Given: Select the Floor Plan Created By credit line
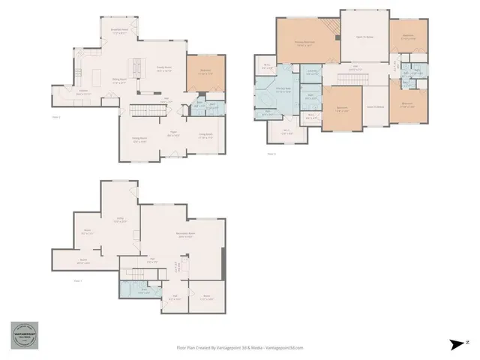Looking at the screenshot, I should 240,347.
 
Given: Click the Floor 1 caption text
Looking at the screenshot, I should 78,280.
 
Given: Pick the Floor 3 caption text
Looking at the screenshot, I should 271,154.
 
